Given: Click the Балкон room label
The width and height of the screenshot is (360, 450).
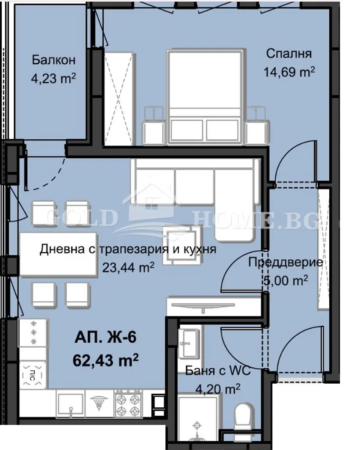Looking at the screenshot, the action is pos(54,60).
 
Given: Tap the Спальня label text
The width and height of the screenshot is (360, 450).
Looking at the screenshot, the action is pos(288,53).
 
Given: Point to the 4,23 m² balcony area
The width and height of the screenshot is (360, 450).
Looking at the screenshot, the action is pos(54,78).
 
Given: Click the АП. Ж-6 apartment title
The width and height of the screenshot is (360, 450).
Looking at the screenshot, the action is pos(105,337).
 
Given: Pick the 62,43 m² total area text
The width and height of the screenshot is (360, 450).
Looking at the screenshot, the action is pos(106,360).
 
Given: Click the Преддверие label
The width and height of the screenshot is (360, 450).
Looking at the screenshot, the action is pos(285,262).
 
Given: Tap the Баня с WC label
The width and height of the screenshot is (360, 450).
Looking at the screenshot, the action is pos(218,370).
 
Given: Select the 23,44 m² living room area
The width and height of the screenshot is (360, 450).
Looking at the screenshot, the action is pos(129,268).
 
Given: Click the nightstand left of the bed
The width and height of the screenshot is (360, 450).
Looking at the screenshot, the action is pos(155,125).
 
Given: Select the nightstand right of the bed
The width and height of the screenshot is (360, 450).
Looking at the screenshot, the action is pos(258,125).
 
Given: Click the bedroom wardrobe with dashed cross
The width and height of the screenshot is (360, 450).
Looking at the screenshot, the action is pos(119,98).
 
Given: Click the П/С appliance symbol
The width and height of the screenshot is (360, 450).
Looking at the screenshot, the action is pos(32,375).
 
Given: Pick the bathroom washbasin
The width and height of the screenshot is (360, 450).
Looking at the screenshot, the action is pos(188,343).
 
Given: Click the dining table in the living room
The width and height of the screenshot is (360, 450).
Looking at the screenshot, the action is pos(58,254).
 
